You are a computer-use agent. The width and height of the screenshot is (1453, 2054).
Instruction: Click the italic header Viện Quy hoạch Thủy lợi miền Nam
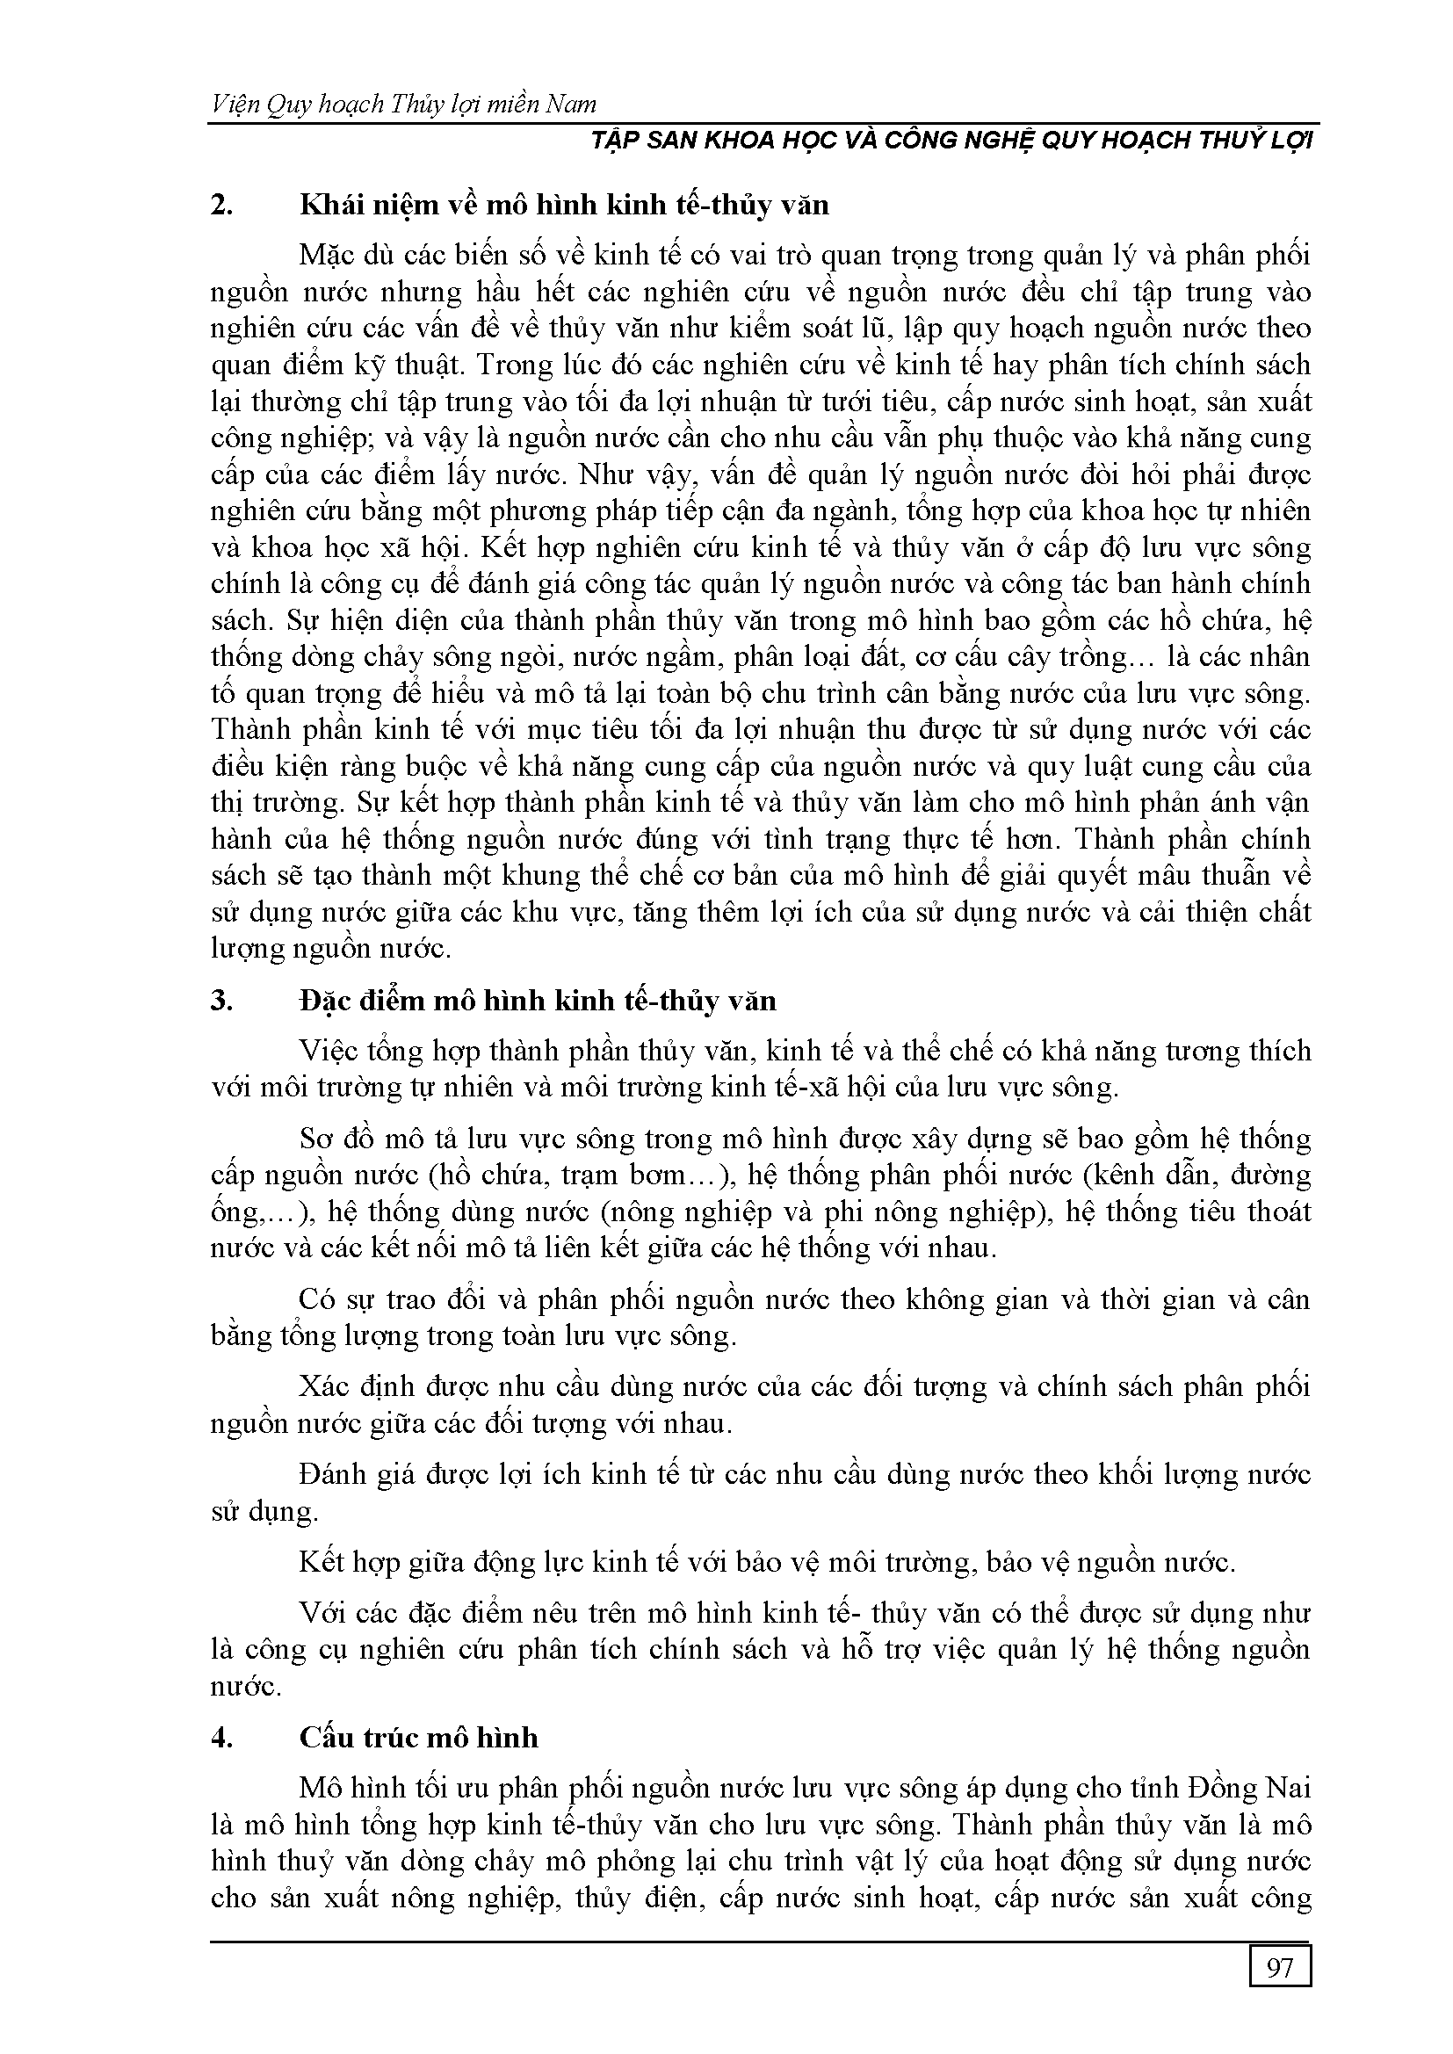pyautogui.click(x=403, y=105)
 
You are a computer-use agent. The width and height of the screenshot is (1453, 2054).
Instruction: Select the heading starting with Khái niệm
pyautogui.click(x=565, y=206)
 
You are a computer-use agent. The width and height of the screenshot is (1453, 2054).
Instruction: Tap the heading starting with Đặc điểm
pyautogui.click(x=538, y=1000)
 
